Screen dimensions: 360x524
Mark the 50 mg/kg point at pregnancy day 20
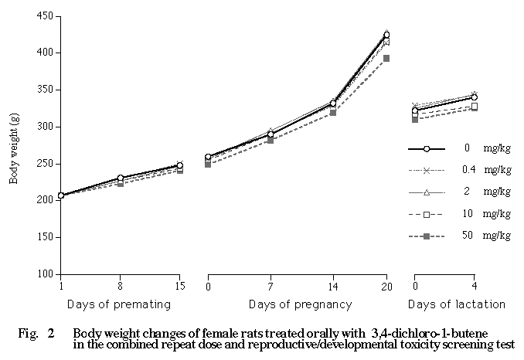[x=386, y=58]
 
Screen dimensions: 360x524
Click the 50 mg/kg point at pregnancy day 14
[x=333, y=113]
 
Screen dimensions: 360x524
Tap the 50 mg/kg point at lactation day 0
[x=415, y=119]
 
